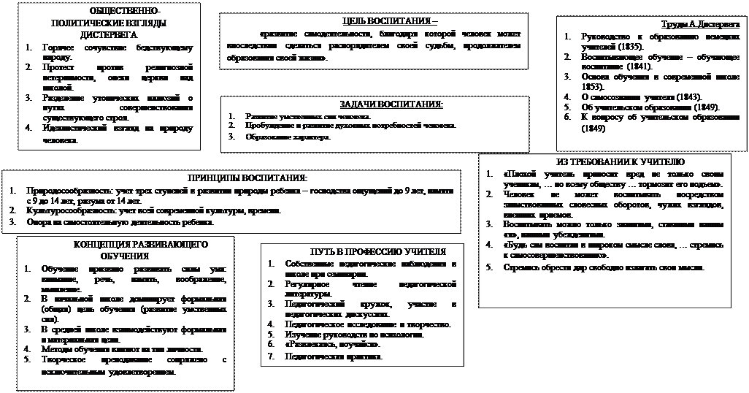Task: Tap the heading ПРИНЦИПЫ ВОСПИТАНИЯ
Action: [247, 178]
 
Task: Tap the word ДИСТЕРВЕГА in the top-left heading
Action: [106, 35]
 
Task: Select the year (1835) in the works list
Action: [629, 46]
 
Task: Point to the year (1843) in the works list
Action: [685, 96]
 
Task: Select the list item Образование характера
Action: [288, 137]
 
